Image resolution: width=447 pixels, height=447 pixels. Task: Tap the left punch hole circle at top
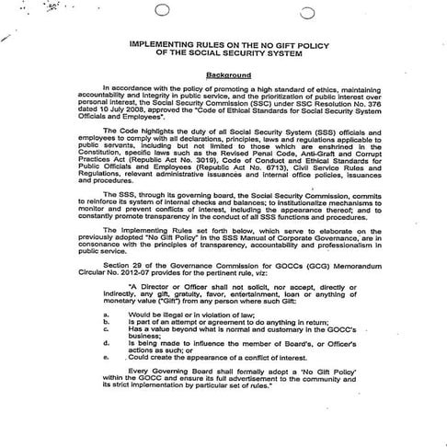pos(163,11)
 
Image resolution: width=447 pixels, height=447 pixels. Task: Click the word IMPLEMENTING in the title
pos(164,42)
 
